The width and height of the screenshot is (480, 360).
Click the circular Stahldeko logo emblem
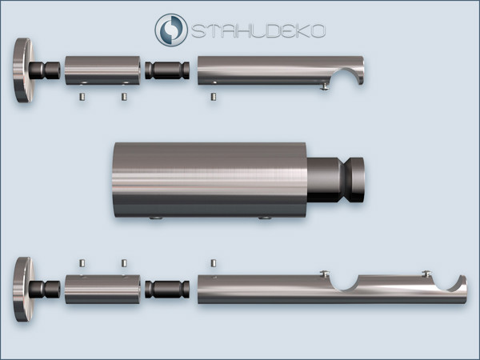(171, 30)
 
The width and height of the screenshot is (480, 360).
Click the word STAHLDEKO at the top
(258, 31)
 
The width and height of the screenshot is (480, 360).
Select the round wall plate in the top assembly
(22, 70)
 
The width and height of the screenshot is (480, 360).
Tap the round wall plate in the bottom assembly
(22, 289)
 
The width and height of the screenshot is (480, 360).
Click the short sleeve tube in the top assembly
(102, 70)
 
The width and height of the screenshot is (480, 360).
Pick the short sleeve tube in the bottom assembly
(102, 290)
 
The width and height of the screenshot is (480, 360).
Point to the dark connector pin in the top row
(167, 70)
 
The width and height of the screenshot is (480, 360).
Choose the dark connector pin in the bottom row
(167, 290)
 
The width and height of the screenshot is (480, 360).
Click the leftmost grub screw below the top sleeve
(82, 98)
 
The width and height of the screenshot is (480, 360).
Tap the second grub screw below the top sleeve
(124, 97)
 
